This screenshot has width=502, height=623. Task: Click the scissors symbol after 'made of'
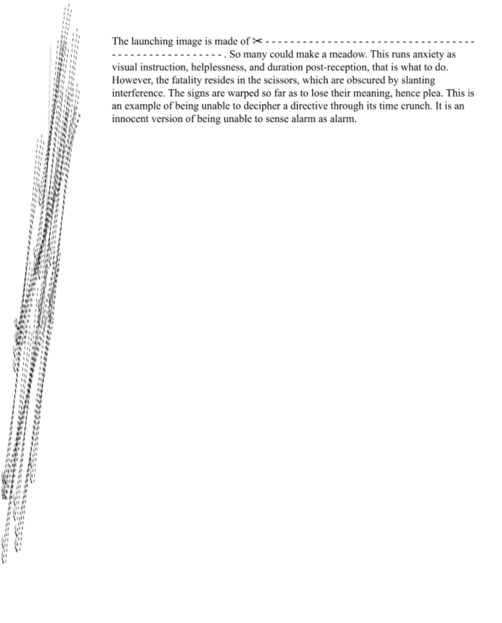[257, 41]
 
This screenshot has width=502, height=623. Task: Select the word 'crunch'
[410, 106]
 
